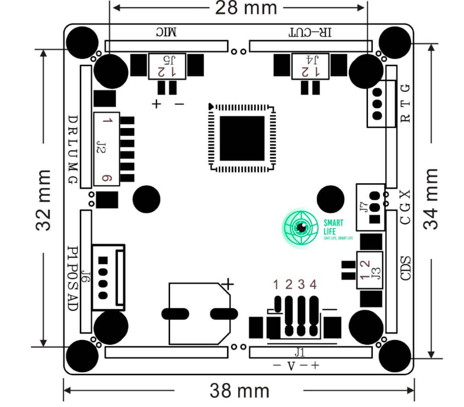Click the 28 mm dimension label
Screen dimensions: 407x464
[x=246, y=8]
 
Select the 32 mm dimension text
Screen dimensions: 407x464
[x=44, y=200]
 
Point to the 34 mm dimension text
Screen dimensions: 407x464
[x=431, y=198]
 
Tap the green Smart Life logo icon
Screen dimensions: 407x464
[x=301, y=228]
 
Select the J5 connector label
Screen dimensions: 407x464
[x=167, y=60]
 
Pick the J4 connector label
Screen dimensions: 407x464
[x=311, y=60]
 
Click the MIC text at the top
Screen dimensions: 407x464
[x=166, y=33]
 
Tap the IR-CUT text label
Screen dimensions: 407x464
[x=311, y=33]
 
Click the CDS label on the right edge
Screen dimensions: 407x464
[x=406, y=268]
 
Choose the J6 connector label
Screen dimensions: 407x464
[x=85, y=277]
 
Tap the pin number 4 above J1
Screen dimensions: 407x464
[x=313, y=285]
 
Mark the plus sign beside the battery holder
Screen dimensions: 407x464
[x=228, y=284]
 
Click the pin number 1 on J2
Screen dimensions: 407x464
[x=106, y=120]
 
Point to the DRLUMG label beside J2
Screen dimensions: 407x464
[x=73, y=149]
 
